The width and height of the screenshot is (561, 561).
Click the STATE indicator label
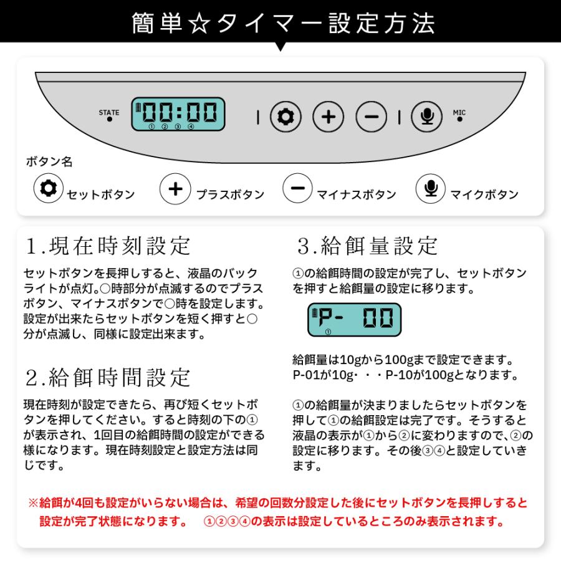108,113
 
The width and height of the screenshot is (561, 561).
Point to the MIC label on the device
459,113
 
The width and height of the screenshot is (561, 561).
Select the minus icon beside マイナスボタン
298,189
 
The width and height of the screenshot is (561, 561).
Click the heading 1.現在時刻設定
108,245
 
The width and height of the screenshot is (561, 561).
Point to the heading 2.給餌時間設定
108,376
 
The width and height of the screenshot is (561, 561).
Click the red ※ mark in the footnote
33,502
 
